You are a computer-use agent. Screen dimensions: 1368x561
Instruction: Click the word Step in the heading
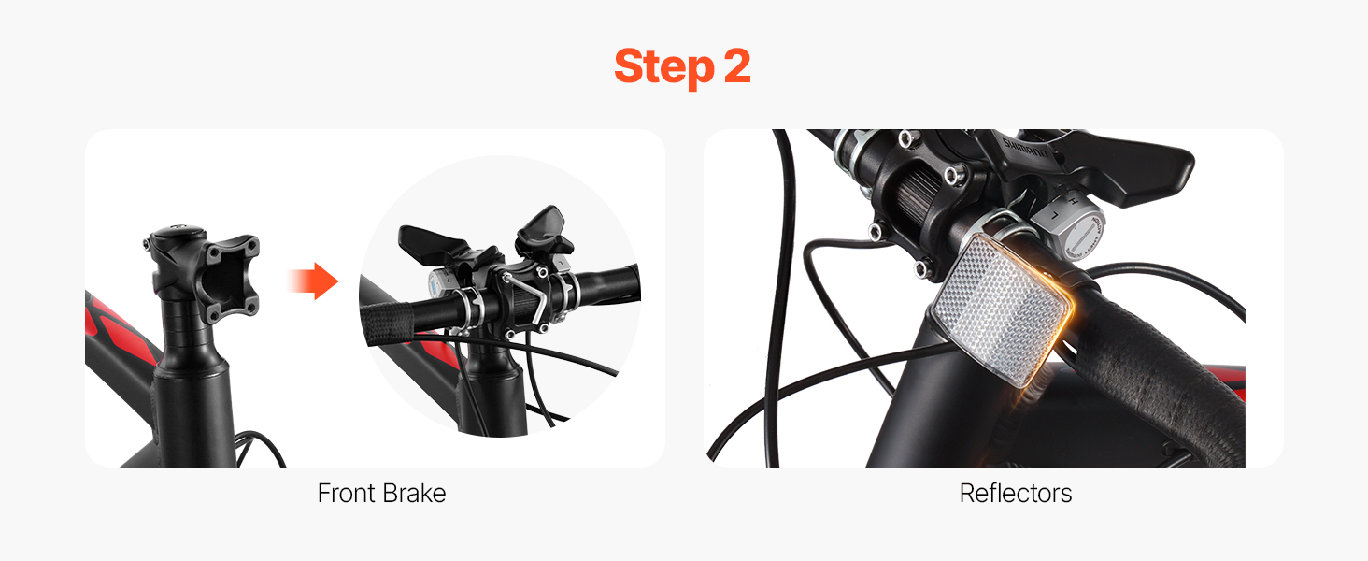(x=664, y=67)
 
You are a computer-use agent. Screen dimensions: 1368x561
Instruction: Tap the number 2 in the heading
(x=737, y=65)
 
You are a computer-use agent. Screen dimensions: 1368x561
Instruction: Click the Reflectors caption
(x=1016, y=493)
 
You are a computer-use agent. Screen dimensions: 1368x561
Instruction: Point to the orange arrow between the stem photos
(x=313, y=281)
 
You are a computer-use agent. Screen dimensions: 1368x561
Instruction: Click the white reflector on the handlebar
(x=1001, y=309)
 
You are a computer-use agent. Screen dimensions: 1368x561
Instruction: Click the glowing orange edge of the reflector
(x=1060, y=318)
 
